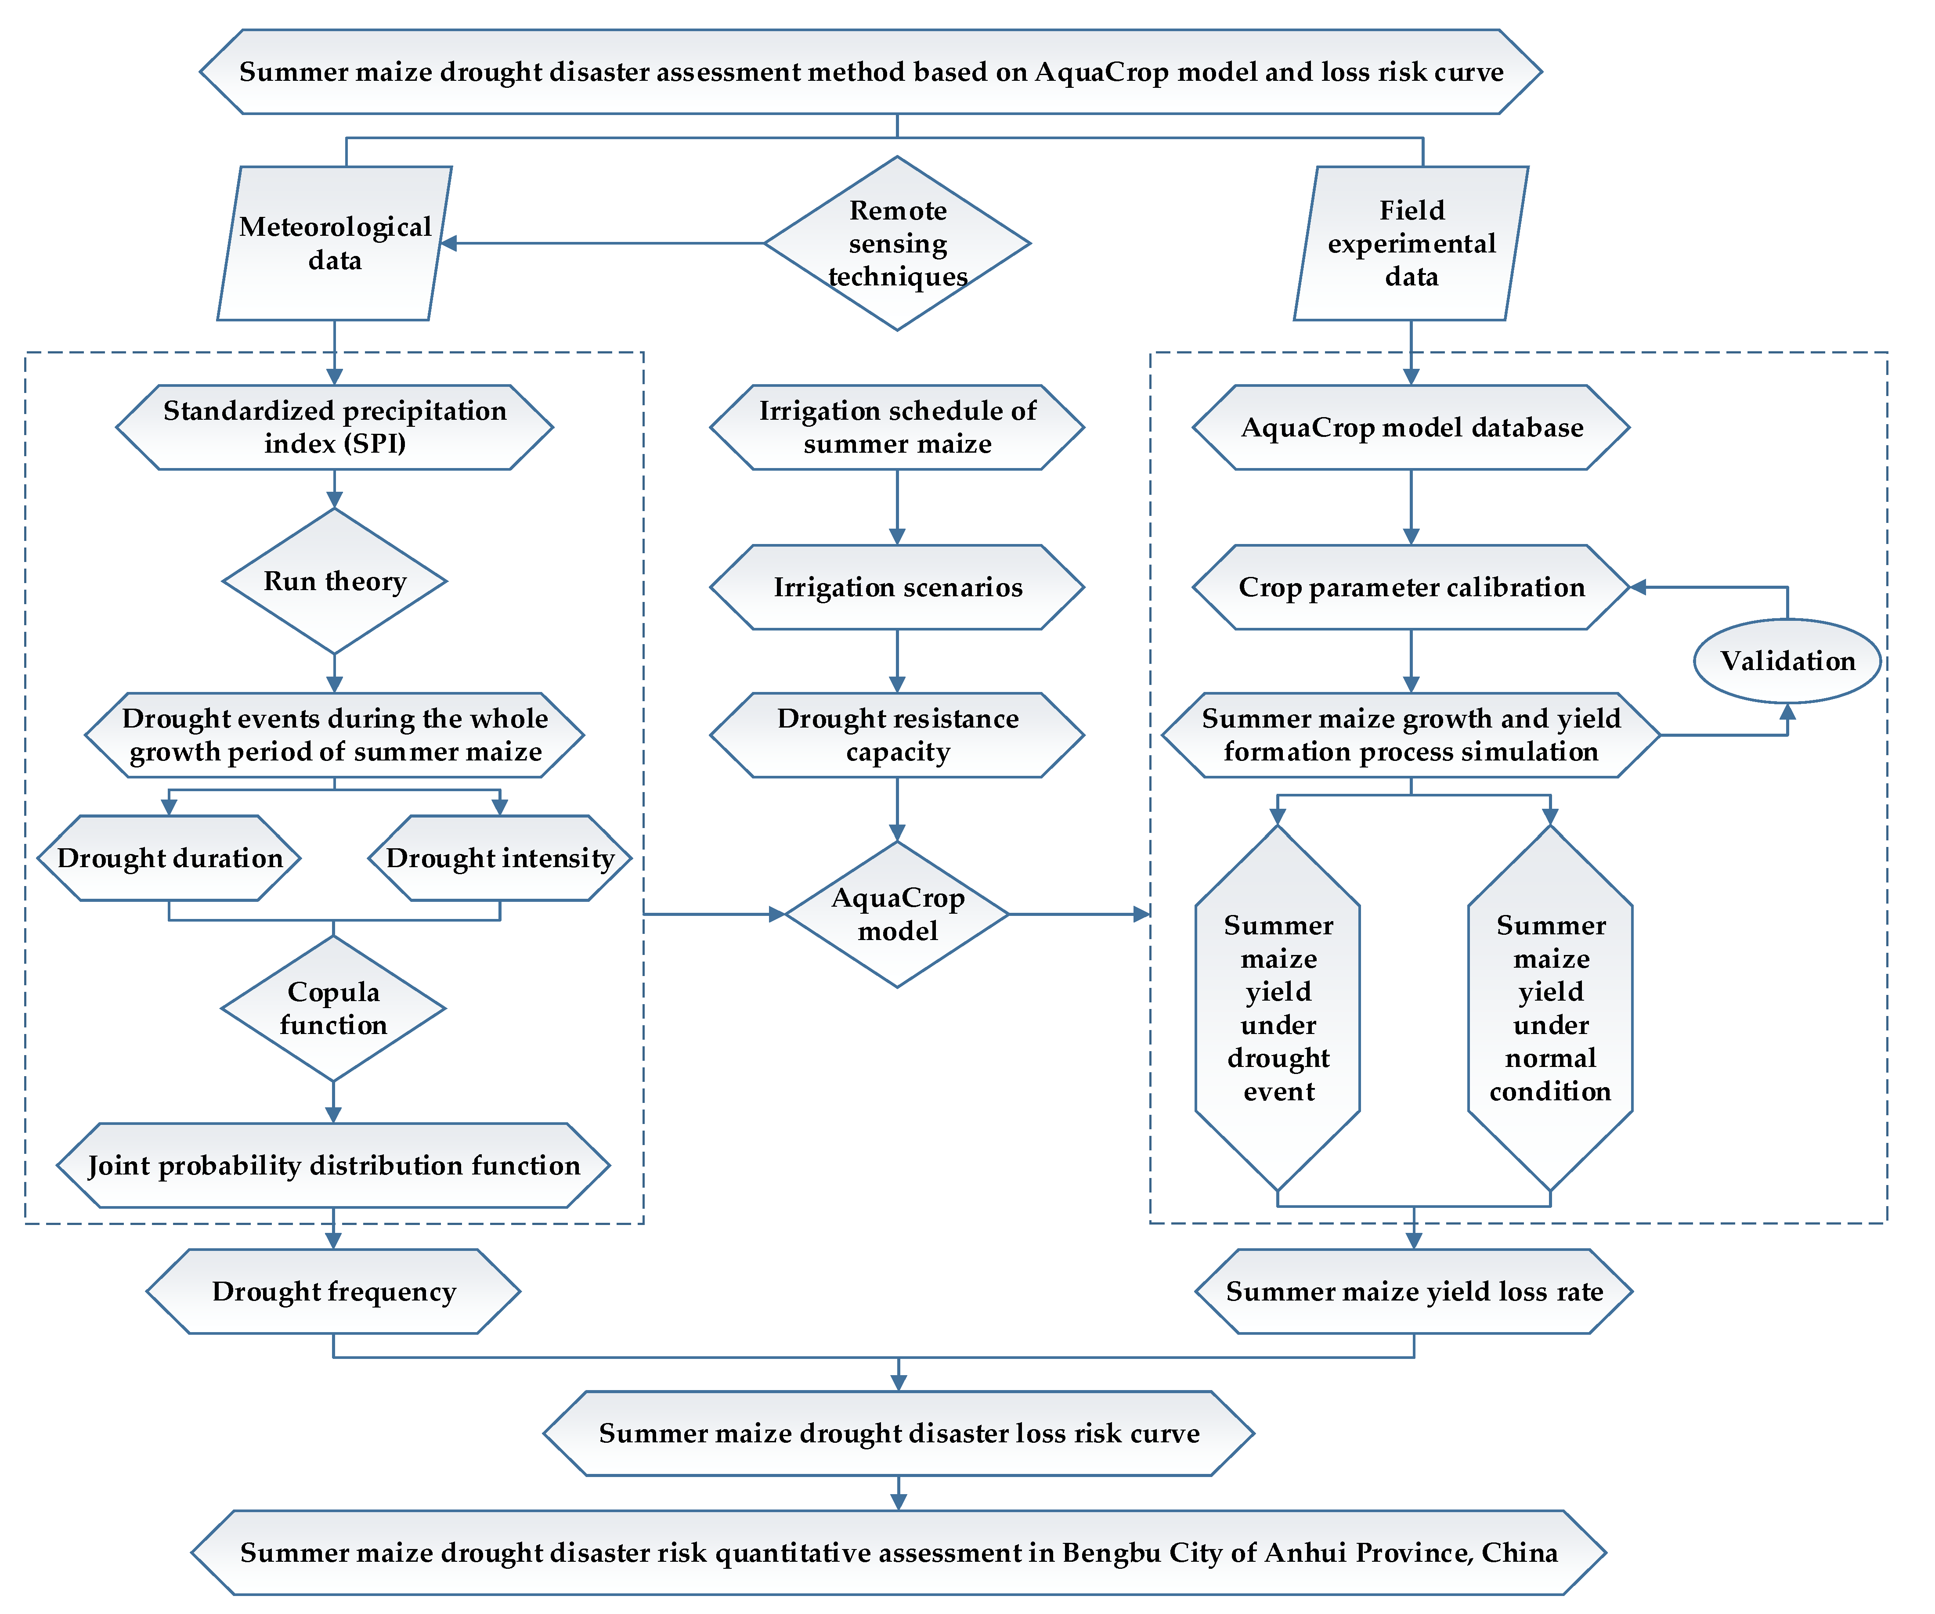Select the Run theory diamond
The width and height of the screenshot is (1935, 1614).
click(335, 581)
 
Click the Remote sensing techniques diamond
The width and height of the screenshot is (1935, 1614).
click(896, 243)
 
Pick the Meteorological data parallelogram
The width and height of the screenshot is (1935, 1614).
click(335, 243)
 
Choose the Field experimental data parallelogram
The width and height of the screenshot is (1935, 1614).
click(1411, 243)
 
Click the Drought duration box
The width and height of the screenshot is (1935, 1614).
click(170, 857)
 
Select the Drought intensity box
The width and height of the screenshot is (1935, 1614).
click(499, 857)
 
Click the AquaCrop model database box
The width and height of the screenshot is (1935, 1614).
click(1411, 428)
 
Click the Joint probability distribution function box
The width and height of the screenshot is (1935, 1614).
click(334, 1165)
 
